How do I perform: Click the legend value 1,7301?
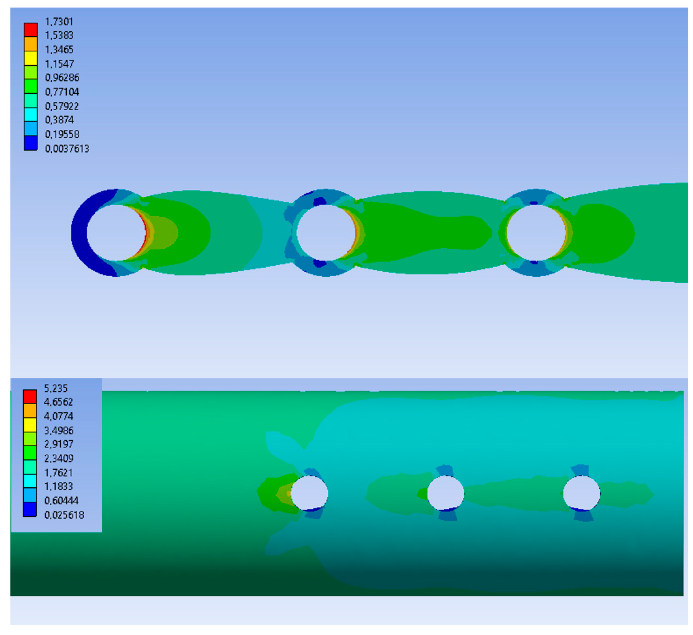(x=59, y=22)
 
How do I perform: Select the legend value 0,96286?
(x=62, y=78)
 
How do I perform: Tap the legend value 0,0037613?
(x=67, y=149)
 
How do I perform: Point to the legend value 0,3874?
(x=60, y=120)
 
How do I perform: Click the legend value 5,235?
(x=56, y=388)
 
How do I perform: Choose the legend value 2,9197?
(x=59, y=444)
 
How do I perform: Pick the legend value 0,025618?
(x=64, y=515)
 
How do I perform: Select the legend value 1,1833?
(x=58, y=487)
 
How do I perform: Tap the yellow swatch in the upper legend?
(x=31, y=58)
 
